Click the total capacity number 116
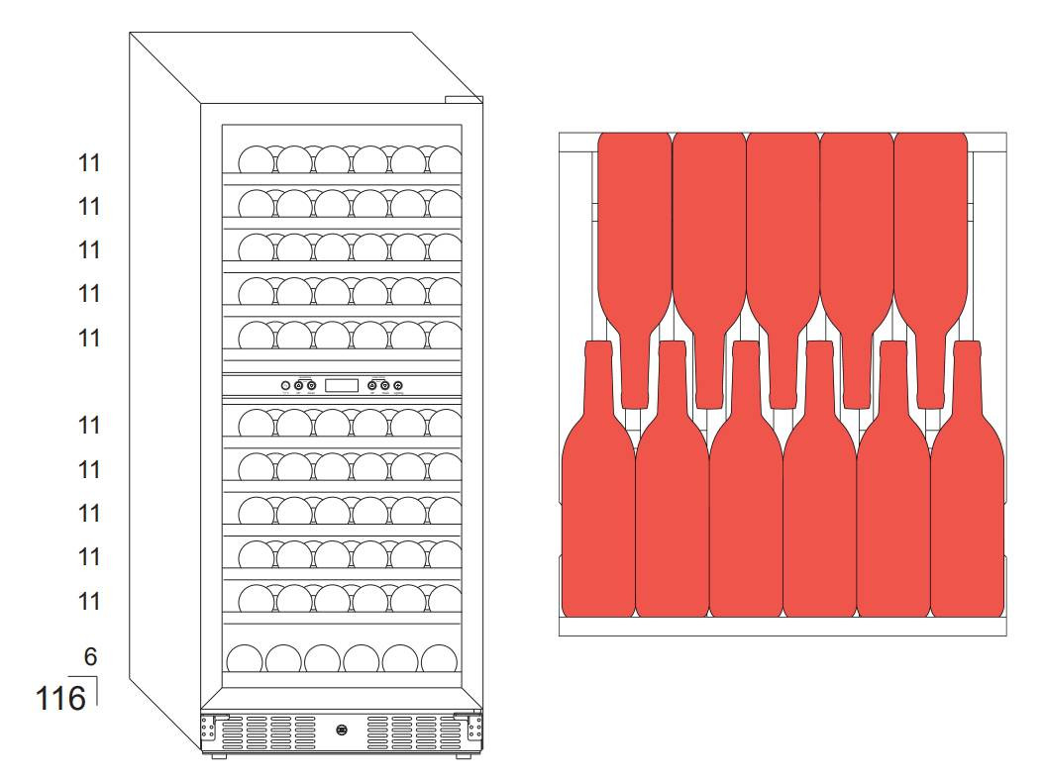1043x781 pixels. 60,699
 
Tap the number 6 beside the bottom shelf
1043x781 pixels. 90,656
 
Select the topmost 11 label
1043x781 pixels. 89,163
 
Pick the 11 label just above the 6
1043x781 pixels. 89,601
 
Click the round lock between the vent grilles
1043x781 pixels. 342,731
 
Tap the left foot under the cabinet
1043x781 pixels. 218,757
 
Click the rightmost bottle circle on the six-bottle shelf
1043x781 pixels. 439,660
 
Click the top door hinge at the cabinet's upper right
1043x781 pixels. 463,99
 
